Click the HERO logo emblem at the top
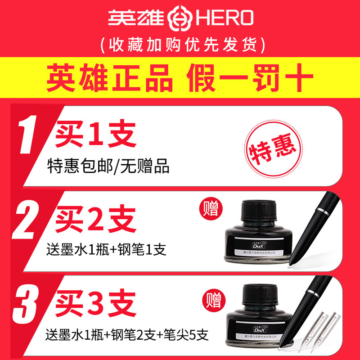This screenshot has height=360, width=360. pyautogui.click(x=180, y=18)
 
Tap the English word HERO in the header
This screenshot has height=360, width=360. pyautogui.click(x=221, y=18)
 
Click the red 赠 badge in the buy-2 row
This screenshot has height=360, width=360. pyautogui.click(x=210, y=209)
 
